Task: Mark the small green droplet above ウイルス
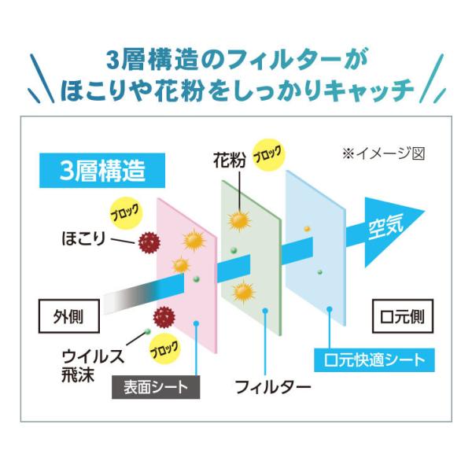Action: point(147,330)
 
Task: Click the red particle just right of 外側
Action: point(164,316)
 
